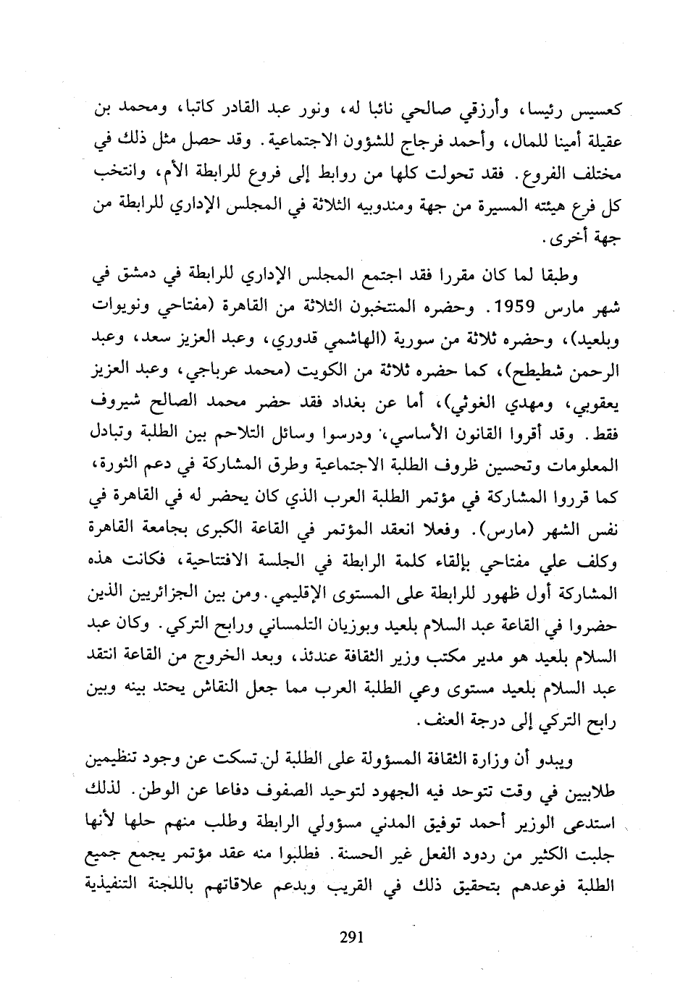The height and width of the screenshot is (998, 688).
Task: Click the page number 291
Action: pyautogui.click(x=351, y=939)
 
